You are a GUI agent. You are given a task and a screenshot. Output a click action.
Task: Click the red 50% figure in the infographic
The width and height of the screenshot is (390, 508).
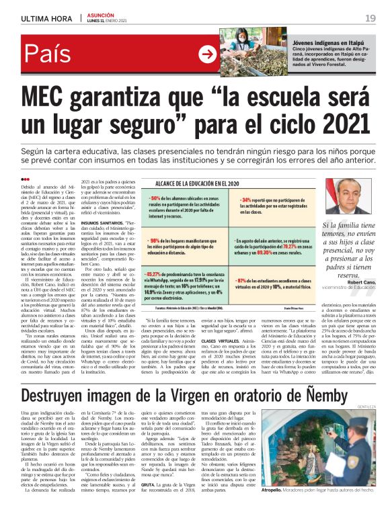click(x=155, y=198)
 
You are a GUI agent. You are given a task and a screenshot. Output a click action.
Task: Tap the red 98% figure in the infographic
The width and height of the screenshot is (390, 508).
click(x=155, y=240)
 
